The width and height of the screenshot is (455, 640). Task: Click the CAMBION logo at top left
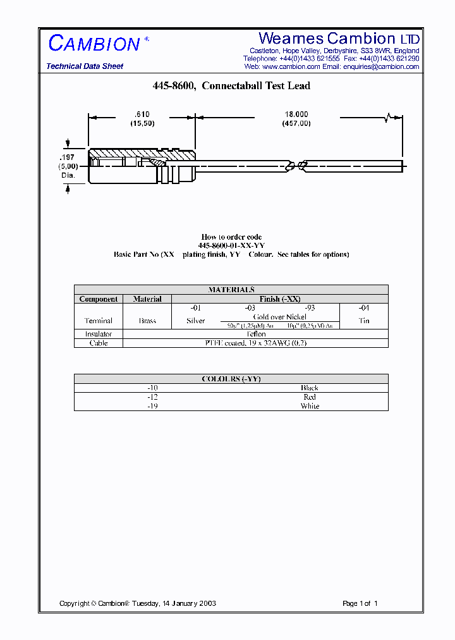[94, 44]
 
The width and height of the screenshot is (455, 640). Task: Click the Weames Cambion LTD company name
[339, 39]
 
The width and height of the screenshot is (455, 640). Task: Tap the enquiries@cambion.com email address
[381, 66]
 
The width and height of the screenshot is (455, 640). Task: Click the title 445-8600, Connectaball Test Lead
[231, 86]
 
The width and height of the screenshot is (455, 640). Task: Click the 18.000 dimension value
[296, 114]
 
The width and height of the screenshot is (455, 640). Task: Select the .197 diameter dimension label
[66, 157]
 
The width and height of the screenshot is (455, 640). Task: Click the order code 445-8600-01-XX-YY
[231, 245]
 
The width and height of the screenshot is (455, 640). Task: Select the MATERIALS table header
[231, 290]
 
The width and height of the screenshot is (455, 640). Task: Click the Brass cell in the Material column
[147, 321]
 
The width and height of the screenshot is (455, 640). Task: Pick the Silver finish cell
[196, 321]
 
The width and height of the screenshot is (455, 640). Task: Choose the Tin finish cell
[364, 321]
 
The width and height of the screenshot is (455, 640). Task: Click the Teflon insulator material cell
[255, 334]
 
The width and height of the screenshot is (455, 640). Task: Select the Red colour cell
[310, 397]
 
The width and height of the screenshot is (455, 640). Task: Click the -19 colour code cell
[152, 406]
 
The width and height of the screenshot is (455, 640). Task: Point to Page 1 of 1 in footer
[360, 603]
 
